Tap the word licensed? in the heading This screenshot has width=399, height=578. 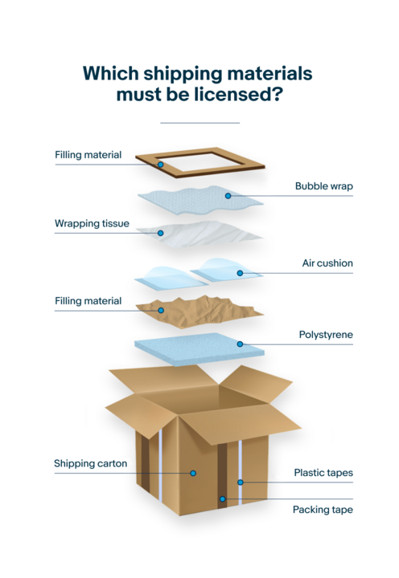239,95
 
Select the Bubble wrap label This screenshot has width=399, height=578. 324,186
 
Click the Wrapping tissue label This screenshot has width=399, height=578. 92,223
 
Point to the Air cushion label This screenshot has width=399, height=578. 327,263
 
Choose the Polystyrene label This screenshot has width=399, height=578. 326,335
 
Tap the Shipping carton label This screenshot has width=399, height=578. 91,464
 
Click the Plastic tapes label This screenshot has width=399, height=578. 323,473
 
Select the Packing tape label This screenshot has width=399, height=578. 323,510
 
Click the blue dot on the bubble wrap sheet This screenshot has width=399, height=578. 228,196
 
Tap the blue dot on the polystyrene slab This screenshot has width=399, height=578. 240,344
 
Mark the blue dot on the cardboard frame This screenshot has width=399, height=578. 160,165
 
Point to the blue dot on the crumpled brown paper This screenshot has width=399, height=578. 161,311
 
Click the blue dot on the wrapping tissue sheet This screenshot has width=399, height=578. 160,233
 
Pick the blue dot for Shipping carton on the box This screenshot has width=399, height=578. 193,473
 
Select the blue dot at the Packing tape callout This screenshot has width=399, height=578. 222,499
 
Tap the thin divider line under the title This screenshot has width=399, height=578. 199,123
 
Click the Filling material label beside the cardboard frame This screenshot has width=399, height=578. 88,155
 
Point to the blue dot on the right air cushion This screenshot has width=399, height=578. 240,273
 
